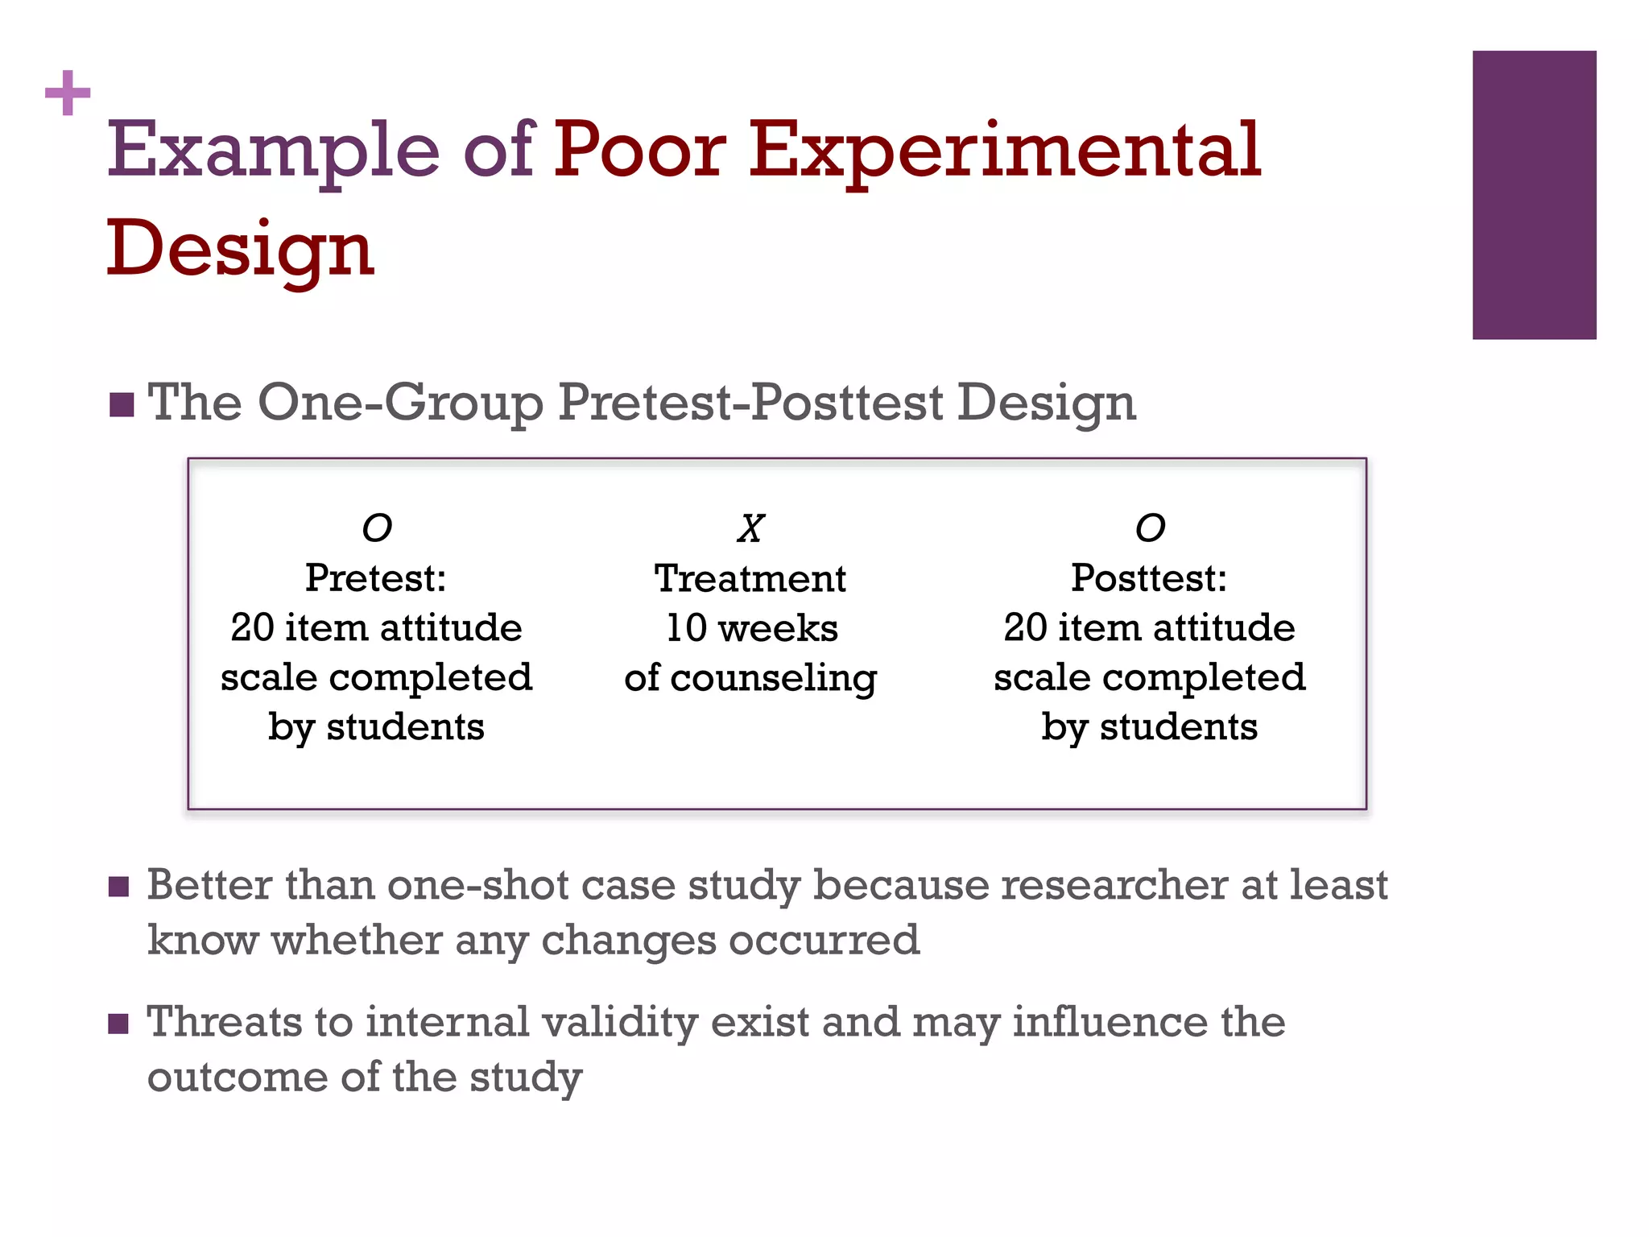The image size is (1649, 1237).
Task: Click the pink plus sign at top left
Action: point(68,93)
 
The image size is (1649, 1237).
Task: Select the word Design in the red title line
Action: point(240,250)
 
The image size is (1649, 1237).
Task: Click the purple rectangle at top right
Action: point(1533,195)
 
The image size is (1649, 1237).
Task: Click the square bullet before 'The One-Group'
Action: point(122,405)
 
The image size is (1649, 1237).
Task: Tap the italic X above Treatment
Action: point(750,529)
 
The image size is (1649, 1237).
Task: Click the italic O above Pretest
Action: point(377,529)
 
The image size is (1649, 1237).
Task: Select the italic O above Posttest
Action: point(1150,529)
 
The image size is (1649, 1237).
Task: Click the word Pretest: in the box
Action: point(376,578)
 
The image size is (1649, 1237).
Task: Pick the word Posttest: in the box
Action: point(1149,578)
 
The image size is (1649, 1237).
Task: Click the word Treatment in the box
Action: point(750,578)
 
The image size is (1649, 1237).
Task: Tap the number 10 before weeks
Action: point(686,628)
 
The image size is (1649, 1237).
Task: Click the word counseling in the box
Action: point(773,678)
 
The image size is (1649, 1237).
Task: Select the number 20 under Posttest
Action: point(1024,628)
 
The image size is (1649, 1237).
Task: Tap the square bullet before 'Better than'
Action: point(118,887)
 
